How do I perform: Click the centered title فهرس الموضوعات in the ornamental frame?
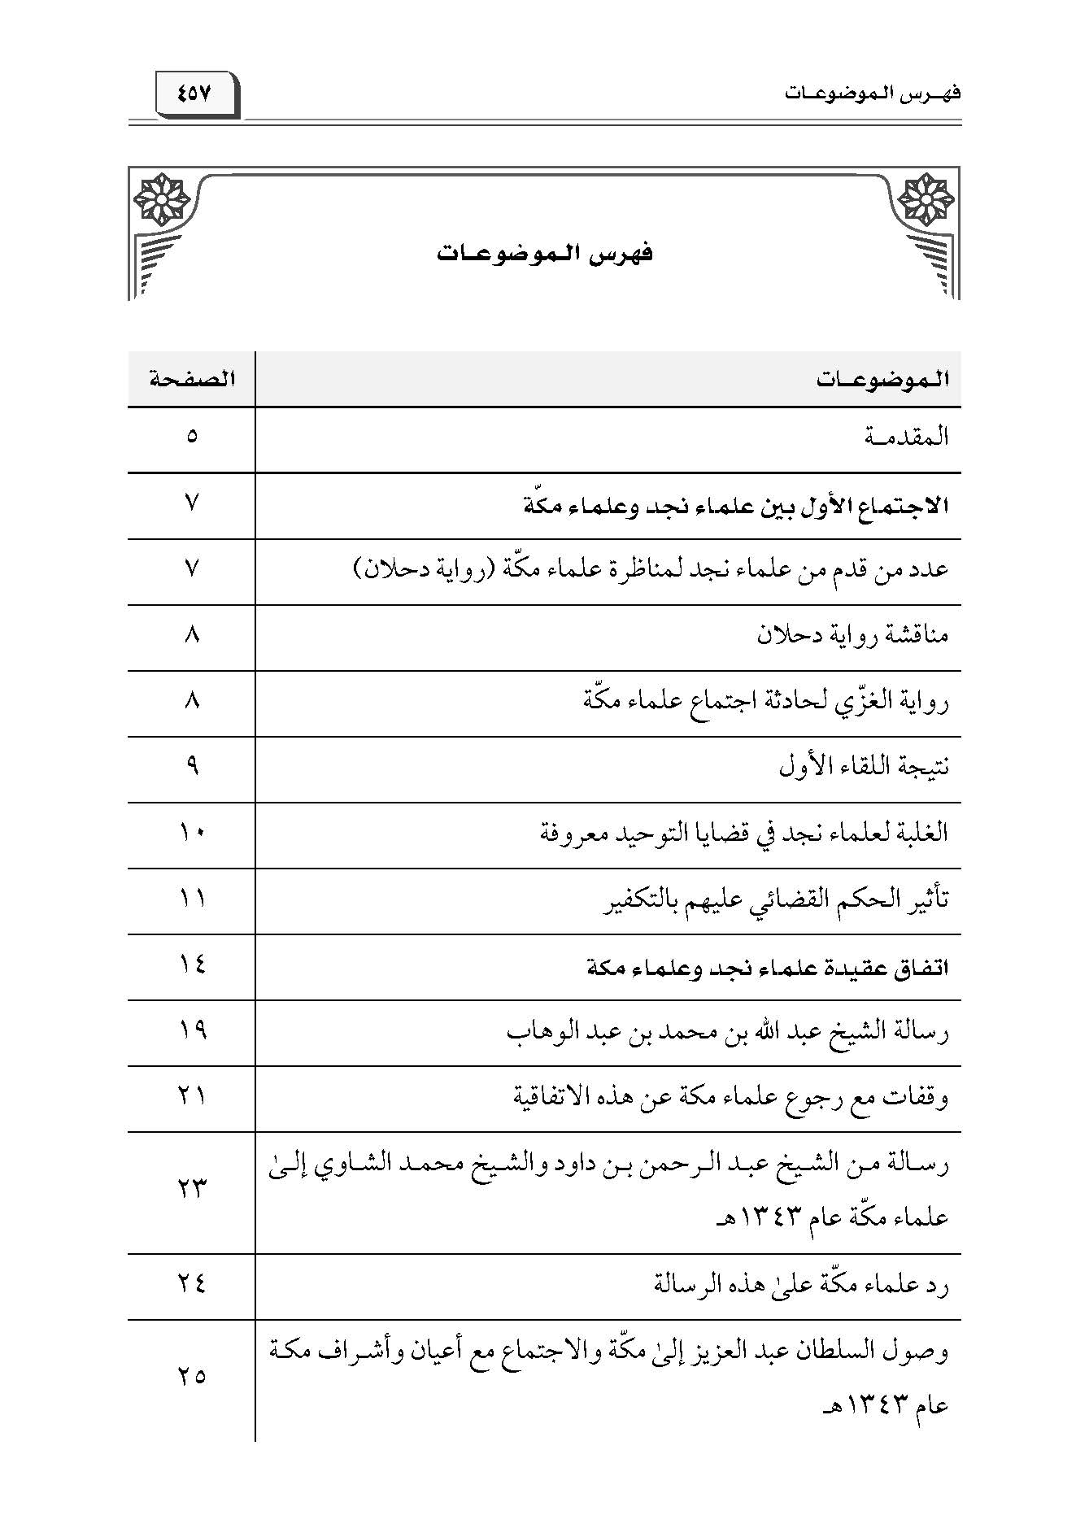coord(545,254)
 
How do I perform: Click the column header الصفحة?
coord(192,379)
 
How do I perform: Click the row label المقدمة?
coord(908,438)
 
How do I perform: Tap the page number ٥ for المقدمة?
coord(192,437)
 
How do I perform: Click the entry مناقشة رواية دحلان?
coord(853,635)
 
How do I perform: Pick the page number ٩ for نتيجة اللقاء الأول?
coord(192,766)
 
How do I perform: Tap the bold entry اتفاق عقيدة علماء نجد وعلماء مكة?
coord(768,967)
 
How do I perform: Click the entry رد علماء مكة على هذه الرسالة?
coord(801,1285)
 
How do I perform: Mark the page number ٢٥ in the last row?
coord(192,1377)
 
